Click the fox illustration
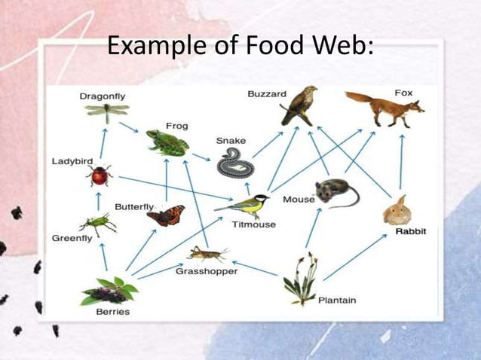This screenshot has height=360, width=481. click(x=384, y=108)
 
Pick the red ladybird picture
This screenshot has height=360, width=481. click(x=100, y=176)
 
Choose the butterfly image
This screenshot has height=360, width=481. click(x=166, y=215)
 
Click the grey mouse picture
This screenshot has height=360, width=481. click(x=334, y=192)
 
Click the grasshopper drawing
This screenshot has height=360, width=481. click(x=207, y=253)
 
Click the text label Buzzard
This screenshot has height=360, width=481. click(x=267, y=94)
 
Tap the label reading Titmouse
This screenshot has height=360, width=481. click(x=253, y=224)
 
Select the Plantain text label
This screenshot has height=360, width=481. click(x=337, y=301)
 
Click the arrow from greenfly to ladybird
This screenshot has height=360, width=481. click(x=99, y=200)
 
